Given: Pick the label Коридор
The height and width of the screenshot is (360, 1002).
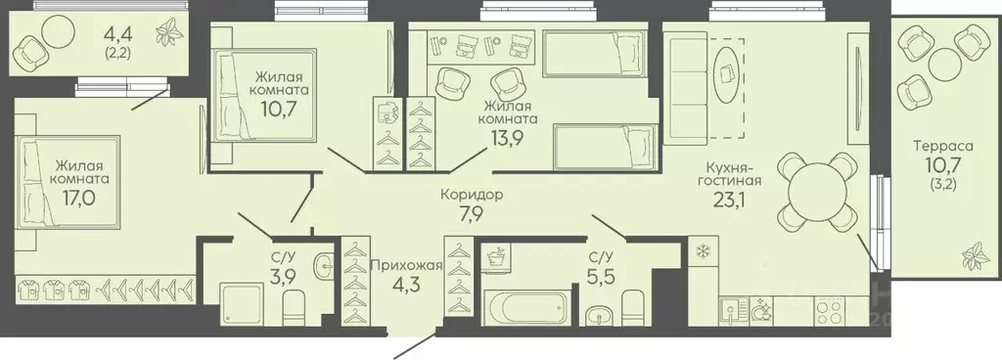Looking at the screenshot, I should (472, 195).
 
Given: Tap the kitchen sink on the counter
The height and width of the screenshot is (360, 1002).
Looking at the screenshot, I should (730, 312).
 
